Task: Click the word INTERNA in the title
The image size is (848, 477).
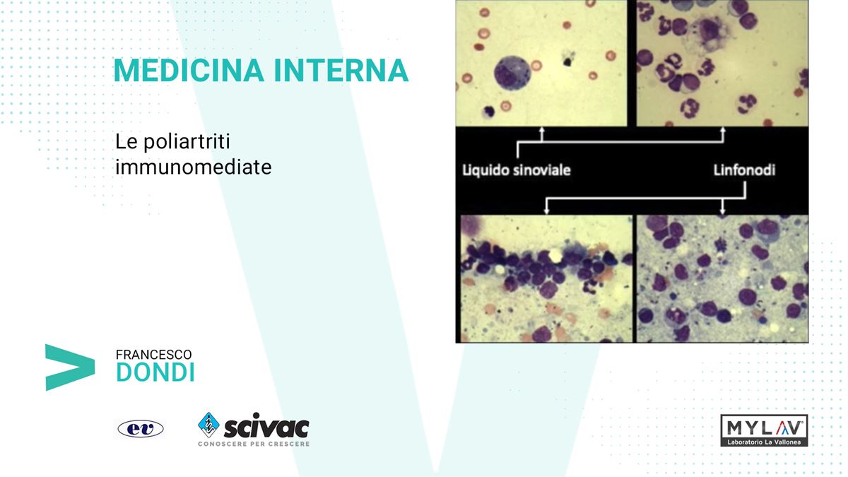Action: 341,71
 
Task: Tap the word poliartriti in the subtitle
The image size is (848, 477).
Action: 187,142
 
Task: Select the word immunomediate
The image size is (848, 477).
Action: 194,167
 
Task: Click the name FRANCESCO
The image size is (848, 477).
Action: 154,355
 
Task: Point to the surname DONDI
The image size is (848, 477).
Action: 155,372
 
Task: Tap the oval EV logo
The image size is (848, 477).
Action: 141,429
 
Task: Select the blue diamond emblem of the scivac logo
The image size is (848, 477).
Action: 208,425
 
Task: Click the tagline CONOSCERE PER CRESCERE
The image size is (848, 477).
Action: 254,444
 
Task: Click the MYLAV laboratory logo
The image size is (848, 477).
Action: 764,430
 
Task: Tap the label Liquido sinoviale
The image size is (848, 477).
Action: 517,170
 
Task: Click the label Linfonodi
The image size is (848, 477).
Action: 744,170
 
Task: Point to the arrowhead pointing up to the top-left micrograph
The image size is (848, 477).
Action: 542,130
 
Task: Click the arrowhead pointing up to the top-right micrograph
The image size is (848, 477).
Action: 723,130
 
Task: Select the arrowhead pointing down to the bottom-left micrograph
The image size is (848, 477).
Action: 546,211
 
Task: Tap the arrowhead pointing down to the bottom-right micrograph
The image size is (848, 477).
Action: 723,211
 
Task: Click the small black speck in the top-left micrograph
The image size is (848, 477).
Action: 567,61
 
